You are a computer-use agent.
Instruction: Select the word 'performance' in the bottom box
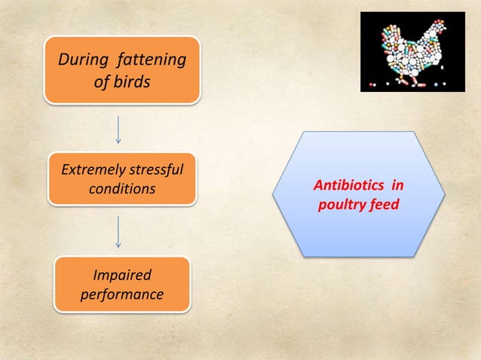[x=121, y=294]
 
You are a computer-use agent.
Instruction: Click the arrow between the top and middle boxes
[x=118, y=129]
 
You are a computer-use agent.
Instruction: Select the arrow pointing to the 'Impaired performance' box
[x=118, y=231]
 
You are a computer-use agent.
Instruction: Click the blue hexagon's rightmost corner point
[x=446, y=194]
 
